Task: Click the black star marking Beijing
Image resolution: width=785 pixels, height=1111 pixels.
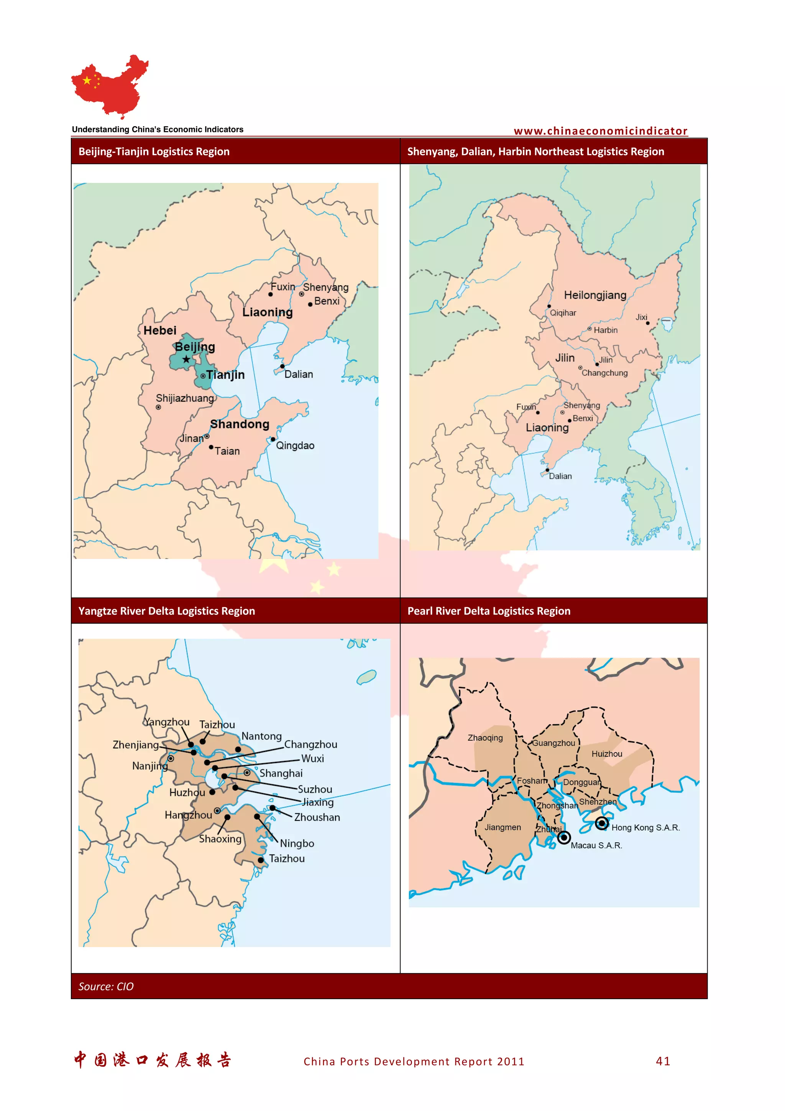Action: point(186,359)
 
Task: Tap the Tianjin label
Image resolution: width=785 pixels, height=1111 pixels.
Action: point(225,375)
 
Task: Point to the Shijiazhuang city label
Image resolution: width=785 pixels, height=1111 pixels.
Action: point(185,398)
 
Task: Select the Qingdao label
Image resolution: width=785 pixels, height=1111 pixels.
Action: point(295,445)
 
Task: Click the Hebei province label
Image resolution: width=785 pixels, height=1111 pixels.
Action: point(160,330)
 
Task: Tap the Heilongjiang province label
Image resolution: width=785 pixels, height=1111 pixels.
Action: point(595,295)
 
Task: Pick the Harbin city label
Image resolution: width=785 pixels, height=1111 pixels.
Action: point(606,330)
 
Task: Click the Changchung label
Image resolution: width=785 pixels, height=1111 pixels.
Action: point(604,373)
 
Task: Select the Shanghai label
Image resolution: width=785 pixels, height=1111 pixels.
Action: point(281,773)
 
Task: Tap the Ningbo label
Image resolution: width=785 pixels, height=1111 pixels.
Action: point(297,843)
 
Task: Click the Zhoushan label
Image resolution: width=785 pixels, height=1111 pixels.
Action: point(317,817)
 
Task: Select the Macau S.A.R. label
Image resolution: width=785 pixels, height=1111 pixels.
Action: point(596,845)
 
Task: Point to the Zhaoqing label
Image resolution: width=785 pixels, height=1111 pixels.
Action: point(485,738)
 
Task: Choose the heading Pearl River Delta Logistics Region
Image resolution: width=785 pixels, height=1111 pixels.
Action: point(489,611)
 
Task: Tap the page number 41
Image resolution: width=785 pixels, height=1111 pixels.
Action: point(663,1061)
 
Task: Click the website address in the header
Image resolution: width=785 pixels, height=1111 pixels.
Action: point(600,131)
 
